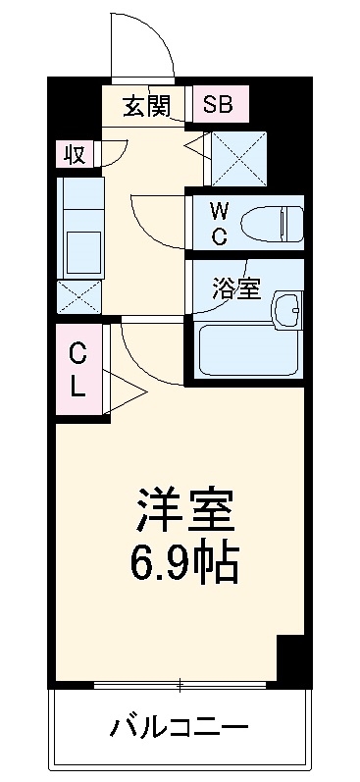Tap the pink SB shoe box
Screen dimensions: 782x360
[x=219, y=104]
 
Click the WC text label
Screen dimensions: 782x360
[x=220, y=224]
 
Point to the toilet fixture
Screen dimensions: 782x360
[x=269, y=224]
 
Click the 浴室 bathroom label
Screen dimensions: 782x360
[x=236, y=288]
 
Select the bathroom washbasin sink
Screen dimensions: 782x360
[x=287, y=309]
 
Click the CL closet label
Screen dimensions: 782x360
[x=77, y=368]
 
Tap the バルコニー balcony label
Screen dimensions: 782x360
[x=180, y=728]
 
